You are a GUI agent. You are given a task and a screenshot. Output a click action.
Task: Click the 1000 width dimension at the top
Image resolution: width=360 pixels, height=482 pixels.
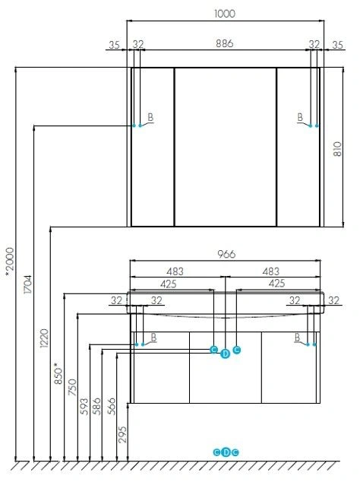pyautogui.click(x=225, y=14)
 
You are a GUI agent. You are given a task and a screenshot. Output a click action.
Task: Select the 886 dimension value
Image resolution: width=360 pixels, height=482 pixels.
pyautogui.click(x=224, y=43)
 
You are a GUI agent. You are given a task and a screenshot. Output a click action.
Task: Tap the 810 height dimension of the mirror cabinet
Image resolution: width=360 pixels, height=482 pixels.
pyautogui.click(x=337, y=149)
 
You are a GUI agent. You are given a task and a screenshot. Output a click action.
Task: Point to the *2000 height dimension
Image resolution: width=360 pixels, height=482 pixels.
pyautogui.click(x=10, y=259)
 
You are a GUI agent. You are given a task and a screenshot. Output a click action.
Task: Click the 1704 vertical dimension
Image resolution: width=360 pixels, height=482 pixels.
pyautogui.click(x=27, y=284)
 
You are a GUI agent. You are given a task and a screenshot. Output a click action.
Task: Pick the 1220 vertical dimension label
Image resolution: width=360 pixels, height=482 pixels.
pyautogui.click(x=45, y=338)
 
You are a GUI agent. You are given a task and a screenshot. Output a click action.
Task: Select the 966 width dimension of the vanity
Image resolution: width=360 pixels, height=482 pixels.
pyautogui.click(x=226, y=254)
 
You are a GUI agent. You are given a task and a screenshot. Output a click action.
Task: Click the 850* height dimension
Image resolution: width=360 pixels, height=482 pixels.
pyautogui.click(x=58, y=373)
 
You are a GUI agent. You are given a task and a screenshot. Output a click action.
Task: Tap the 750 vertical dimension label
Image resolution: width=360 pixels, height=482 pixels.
pyautogui.click(x=72, y=387)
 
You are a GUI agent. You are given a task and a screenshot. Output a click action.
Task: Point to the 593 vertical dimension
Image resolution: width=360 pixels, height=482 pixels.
pyautogui.click(x=84, y=407)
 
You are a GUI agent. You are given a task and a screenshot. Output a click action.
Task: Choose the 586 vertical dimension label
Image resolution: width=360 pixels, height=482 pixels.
pyautogui.click(x=96, y=407)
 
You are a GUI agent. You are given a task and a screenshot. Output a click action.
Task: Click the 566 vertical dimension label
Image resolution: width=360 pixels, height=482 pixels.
pyautogui.click(x=112, y=407)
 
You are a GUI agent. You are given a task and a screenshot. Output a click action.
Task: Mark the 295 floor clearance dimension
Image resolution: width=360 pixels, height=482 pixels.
pyautogui.click(x=122, y=434)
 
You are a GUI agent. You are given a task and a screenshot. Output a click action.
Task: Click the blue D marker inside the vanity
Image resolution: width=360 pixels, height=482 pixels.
pyautogui.click(x=225, y=354)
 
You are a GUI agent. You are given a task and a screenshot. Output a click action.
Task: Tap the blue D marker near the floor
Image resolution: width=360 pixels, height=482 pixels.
pyautogui.click(x=226, y=452)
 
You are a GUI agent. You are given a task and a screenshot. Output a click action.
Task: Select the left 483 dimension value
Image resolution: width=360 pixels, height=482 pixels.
pyautogui.click(x=175, y=271)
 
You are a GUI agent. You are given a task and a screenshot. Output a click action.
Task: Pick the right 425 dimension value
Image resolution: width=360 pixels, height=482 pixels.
pyautogui.click(x=276, y=283)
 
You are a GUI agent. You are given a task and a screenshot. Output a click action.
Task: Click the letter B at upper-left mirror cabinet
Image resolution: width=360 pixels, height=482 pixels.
pyautogui.click(x=150, y=117)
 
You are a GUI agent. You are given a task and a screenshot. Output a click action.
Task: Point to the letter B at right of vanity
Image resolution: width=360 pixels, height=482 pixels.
pyautogui.click(x=297, y=338)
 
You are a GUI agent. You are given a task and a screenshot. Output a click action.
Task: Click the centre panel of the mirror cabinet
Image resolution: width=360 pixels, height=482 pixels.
pyautogui.click(x=226, y=147)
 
